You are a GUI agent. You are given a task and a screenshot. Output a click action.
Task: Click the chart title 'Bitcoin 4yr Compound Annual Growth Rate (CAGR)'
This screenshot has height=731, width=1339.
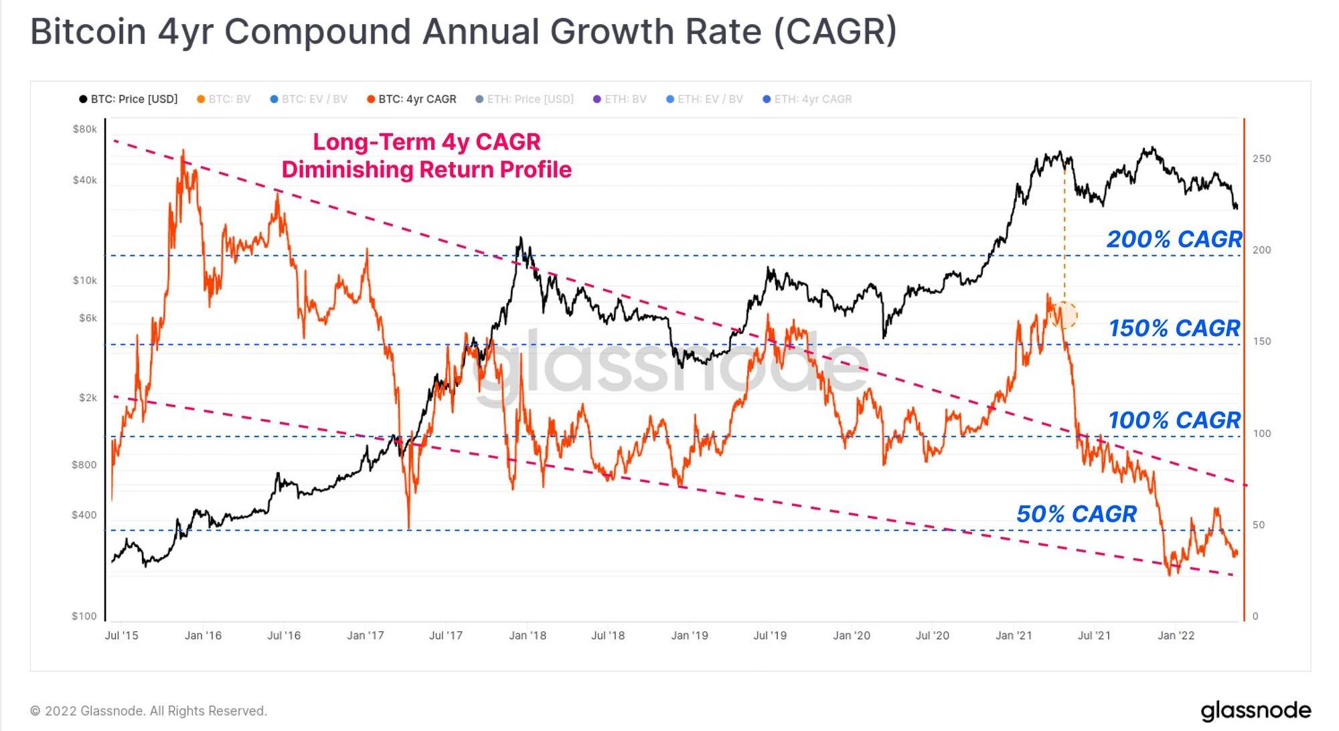coord(463,31)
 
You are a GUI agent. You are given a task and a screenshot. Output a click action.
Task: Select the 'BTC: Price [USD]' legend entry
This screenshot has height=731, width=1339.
coord(129,99)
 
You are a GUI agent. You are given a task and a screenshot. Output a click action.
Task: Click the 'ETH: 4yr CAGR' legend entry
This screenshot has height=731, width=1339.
coord(807,99)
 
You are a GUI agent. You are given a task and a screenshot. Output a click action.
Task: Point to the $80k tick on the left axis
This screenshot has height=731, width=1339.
coord(85,129)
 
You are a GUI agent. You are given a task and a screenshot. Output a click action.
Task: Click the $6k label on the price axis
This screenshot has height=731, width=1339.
coord(88,318)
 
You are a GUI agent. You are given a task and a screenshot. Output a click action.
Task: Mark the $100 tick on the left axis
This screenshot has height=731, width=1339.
coord(84,616)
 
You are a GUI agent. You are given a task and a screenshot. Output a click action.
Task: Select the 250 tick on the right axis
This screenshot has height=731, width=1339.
coord(1261,159)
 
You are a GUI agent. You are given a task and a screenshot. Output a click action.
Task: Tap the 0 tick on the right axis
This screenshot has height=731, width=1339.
coord(1255,616)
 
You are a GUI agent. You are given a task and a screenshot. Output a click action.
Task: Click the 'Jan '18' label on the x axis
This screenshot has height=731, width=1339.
coord(528,635)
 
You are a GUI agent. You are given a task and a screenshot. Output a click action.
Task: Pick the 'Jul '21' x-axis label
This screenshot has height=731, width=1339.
coord(1094,635)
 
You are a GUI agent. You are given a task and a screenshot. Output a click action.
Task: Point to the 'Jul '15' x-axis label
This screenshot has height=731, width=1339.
coord(122,635)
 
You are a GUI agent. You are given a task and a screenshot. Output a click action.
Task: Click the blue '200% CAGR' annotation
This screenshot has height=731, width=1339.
coord(1174,239)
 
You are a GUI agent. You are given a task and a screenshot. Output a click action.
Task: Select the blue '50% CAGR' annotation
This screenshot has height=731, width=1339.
coord(1077,513)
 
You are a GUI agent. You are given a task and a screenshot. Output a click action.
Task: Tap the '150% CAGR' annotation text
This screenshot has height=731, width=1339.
coord(1174,328)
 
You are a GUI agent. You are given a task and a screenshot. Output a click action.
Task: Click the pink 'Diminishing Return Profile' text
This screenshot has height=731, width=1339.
coord(426,169)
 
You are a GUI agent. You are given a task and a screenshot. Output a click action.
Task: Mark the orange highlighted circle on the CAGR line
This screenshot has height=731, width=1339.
coord(1065,315)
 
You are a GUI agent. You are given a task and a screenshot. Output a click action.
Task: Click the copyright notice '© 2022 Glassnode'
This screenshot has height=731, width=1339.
coord(149,711)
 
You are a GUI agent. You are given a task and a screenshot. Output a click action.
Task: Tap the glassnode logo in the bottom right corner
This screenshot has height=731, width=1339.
coord(1256,710)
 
